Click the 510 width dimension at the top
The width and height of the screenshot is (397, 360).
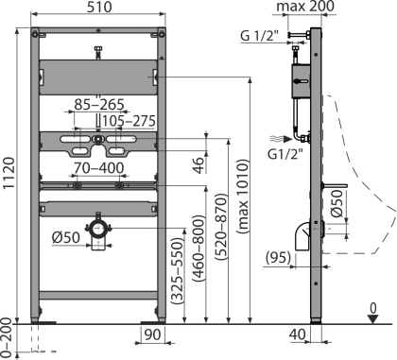point(99,7)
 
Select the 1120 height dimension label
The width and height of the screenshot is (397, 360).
point(9,173)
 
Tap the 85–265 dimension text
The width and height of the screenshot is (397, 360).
point(99,105)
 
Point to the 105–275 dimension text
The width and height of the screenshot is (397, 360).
point(129,121)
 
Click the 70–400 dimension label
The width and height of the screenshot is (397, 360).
point(99,168)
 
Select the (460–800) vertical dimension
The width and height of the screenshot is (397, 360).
point(198,249)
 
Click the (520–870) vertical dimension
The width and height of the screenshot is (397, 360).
point(221,227)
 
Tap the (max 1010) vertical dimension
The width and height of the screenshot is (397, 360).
point(243,197)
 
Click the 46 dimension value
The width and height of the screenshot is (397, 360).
point(198,164)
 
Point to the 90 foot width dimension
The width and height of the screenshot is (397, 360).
point(152,334)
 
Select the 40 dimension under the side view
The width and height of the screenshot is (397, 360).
point(298,334)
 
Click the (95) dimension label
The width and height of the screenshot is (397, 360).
point(278,258)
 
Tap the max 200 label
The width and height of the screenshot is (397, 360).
point(305,7)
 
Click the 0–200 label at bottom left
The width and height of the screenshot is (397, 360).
point(7,338)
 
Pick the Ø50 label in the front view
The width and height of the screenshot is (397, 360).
point(66,237)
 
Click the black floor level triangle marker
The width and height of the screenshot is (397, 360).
point(373,319)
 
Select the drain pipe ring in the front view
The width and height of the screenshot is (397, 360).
point(98,229)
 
